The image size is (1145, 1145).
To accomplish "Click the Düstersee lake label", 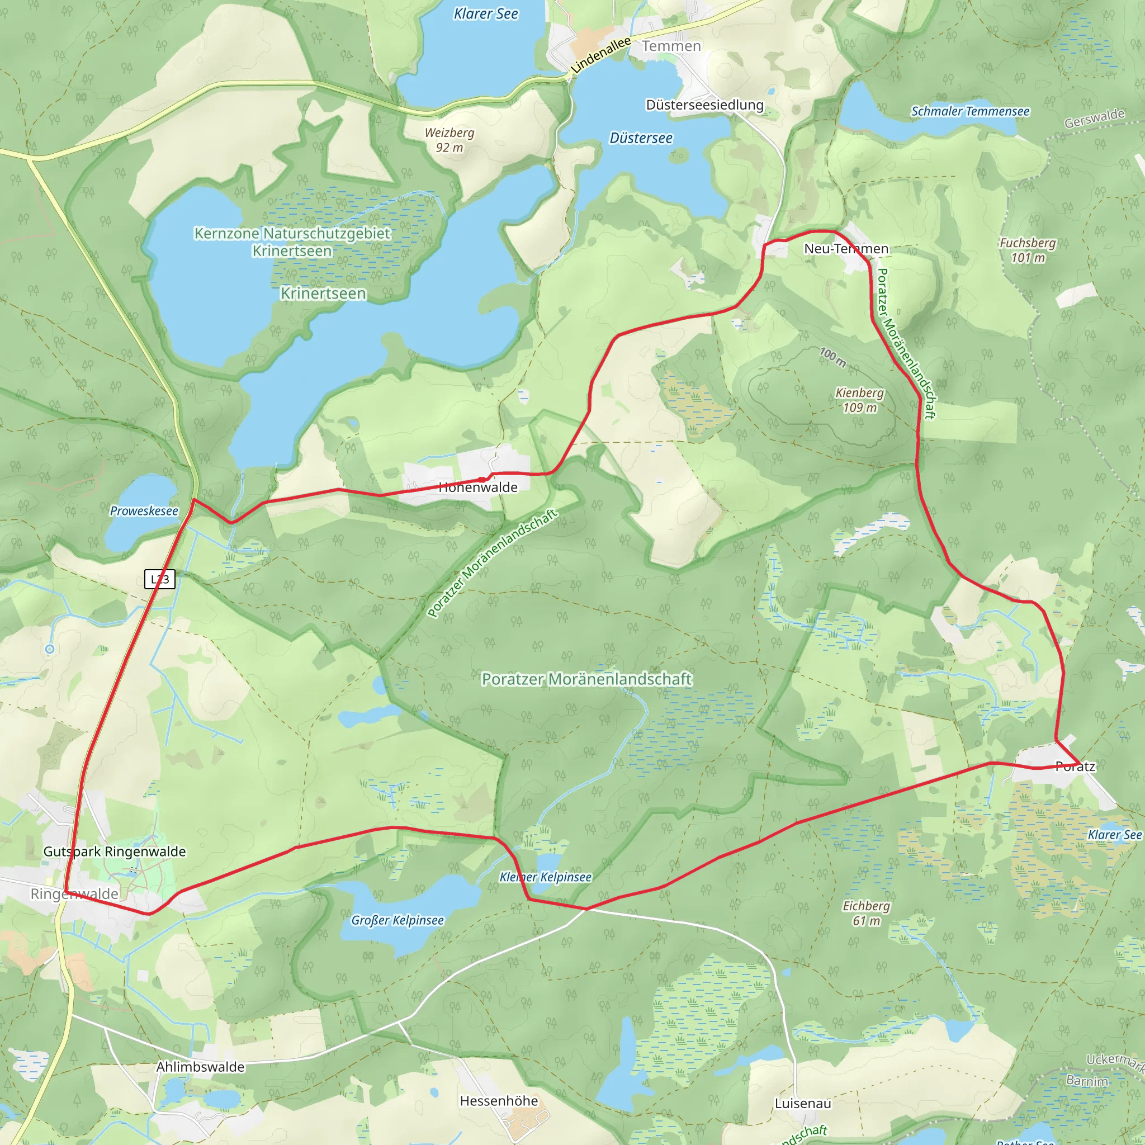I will click(x=641, y=138).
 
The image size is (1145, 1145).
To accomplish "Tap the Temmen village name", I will click(x=671, y=46).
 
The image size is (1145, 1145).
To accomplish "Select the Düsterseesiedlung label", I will click(x=704, y=105).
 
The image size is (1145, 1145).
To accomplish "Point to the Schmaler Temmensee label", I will click(x=969, y=111).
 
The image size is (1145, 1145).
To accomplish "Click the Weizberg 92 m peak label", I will click(x=450, y=140).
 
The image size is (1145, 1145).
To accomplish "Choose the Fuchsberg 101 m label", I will click(x=1027, y=250).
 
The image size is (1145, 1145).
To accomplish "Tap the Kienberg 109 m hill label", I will click(x=859, y=400).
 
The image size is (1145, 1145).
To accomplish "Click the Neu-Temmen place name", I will click(x=846, y=249).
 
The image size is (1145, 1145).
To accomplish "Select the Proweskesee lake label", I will click(x=144, y=511).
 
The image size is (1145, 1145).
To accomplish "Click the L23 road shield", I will click(x=159, y=579).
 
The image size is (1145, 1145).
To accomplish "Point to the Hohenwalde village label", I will click(x=477, y=488).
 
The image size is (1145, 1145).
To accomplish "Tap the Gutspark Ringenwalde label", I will click(x=115, y=851).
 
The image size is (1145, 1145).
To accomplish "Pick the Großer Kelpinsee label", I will click(x=397, y=920).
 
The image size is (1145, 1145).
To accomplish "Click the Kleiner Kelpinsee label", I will click(x=545, y=877).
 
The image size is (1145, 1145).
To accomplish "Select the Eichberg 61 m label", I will click(x=866, y=914).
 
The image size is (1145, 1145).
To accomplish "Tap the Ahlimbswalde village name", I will click(x=200, y=1067).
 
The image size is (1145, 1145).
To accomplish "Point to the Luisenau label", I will click(x=803, y=1103).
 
